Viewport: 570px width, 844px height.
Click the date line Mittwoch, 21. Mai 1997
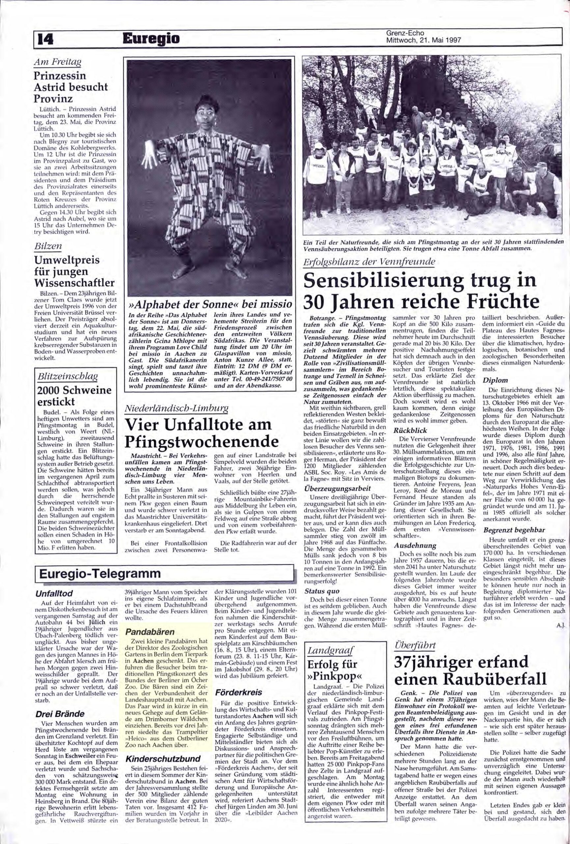(x=423, y=40)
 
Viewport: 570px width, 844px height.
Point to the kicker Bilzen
(x=48, y=247)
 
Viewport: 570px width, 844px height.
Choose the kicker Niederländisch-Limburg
(x=176, y=409)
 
